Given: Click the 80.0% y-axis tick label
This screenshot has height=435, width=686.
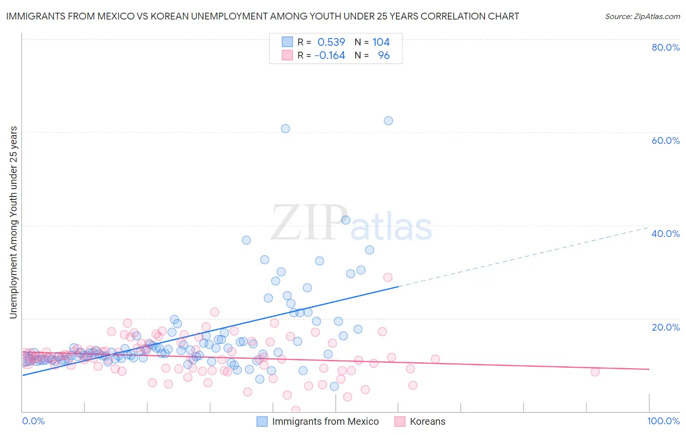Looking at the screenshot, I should [x=666, y=47].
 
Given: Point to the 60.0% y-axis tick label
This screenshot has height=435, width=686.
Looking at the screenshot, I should [x=666, y=140].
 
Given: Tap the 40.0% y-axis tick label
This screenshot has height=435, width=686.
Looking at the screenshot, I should [x=666, y=234].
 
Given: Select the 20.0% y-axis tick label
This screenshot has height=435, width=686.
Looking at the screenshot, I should [x=666, y=327].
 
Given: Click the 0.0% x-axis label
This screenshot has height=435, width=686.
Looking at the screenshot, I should [x=33, y=421].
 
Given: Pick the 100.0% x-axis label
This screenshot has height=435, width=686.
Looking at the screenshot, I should [x=663, y=421].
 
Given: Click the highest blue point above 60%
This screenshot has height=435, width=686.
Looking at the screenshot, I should [x=388, y=120].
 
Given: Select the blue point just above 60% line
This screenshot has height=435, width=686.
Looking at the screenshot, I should [x=285, y=129].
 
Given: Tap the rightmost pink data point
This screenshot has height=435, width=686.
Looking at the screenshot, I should [x=595, y=372].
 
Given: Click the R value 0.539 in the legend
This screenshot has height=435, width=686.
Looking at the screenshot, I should [x=331, y=42].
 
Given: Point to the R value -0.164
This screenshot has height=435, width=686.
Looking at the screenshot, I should [x=330, y=56].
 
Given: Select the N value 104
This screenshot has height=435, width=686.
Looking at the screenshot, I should [x=381, y=42].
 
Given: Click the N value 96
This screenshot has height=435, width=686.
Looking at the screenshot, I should [x=384, y=56].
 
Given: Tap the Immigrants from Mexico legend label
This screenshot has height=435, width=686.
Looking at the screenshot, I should [x=325, y=421].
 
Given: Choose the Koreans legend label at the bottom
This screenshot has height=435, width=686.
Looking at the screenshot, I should [x=427, y=421].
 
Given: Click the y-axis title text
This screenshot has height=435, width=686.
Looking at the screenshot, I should [x=14, y=222].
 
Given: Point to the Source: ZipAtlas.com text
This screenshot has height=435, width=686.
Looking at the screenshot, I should [x=642, y=17].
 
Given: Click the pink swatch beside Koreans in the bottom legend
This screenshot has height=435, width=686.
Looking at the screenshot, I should [x=400, y=421].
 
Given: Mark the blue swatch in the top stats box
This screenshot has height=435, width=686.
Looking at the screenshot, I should [x=287, y=42].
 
